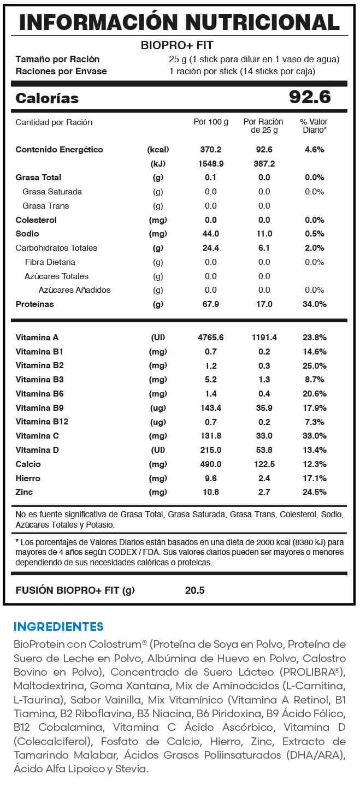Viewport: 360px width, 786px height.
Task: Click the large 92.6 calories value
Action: (x=310, y=98)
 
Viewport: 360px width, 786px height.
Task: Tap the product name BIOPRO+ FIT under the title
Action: (x=177, y=45)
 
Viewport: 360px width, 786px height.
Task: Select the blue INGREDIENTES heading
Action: (x=58, y=626)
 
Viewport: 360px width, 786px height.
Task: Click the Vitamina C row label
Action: (x=37, y=436)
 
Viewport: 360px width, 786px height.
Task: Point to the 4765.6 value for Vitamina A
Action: (x=210, y=338)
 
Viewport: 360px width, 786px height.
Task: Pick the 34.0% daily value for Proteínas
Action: (x=314, y=304)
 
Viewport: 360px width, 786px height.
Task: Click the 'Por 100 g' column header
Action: (x=211, y=122)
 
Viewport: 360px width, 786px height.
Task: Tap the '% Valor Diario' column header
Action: (x=314, y=126)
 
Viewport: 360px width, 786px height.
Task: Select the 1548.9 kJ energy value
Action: (x=210, y=163)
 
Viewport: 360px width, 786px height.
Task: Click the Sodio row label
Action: (x=27, y=234)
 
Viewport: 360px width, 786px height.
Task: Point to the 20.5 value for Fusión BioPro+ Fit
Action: (x=194, y=590)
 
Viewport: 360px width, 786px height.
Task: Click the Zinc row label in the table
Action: (x=25, y=492)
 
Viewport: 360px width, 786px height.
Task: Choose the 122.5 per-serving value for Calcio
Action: (x=264, y=464)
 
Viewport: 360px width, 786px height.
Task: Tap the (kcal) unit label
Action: (x=158, y=149)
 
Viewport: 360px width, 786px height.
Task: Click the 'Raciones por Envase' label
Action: (x=61, y=72)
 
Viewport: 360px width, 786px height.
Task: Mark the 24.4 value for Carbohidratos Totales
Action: (x=210, y=247)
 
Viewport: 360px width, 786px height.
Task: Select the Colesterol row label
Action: (x=36, y=220)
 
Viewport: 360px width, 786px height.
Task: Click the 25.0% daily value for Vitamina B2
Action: (x=314, y=365)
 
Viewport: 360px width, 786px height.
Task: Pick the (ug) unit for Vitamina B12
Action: (x=158, y=422)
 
